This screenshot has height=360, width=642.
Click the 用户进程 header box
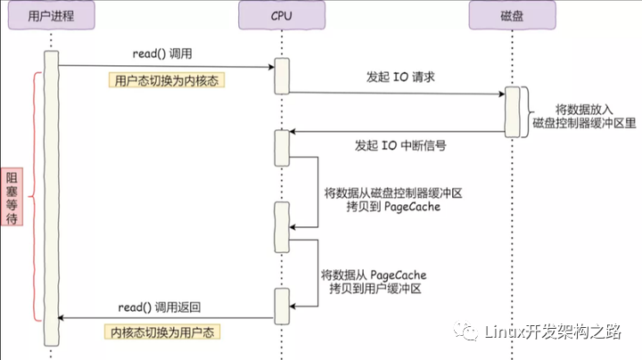51,15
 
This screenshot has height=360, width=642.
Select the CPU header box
282,15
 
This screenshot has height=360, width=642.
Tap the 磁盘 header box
512,15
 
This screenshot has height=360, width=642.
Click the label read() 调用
162,53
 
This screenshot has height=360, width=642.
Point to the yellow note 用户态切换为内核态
167,80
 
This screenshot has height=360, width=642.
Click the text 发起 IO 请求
400,77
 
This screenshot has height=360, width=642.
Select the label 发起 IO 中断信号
400,145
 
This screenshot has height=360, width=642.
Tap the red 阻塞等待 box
12,197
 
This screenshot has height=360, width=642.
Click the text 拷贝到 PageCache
393,207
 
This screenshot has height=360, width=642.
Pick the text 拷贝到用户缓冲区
375,289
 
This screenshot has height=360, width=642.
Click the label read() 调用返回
160,307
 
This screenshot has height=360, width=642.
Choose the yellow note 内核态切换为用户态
162,331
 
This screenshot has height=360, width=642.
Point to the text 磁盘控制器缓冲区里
584,123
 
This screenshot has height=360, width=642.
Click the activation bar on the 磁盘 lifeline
512,111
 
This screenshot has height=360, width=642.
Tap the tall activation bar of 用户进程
52,198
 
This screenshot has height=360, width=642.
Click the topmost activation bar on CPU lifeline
282,76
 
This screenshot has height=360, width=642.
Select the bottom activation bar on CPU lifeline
282,307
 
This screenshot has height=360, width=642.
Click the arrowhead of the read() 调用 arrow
271,67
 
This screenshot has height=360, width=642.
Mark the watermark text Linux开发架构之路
553,331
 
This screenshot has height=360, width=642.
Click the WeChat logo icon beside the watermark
465,331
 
